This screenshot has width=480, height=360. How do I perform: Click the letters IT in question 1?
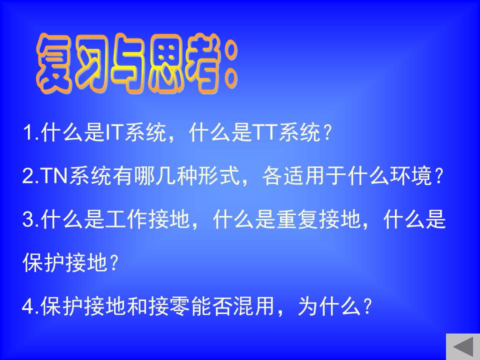113,133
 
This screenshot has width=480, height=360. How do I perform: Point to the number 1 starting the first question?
29,133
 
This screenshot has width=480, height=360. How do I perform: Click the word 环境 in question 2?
410,176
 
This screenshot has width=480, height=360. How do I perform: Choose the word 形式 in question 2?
218,176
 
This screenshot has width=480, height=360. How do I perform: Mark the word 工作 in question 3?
126,219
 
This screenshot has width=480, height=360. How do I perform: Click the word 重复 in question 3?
298,219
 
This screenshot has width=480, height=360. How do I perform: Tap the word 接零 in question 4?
169,306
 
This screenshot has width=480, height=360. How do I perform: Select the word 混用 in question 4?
254,306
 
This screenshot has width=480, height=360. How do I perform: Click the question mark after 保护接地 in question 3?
113,262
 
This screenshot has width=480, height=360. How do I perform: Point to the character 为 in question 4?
308,306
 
